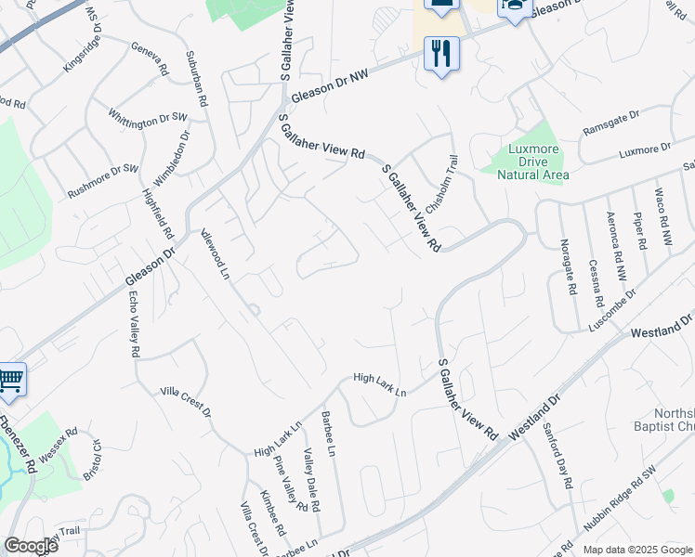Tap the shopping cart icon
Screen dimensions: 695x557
[x=9, y=379]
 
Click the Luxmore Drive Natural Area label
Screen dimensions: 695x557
[x=532, y=162]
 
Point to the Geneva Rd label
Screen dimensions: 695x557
[x=150, y=58]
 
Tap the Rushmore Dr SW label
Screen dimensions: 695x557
[x=103, y=182]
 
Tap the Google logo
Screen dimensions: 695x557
[x=31, y=546]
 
